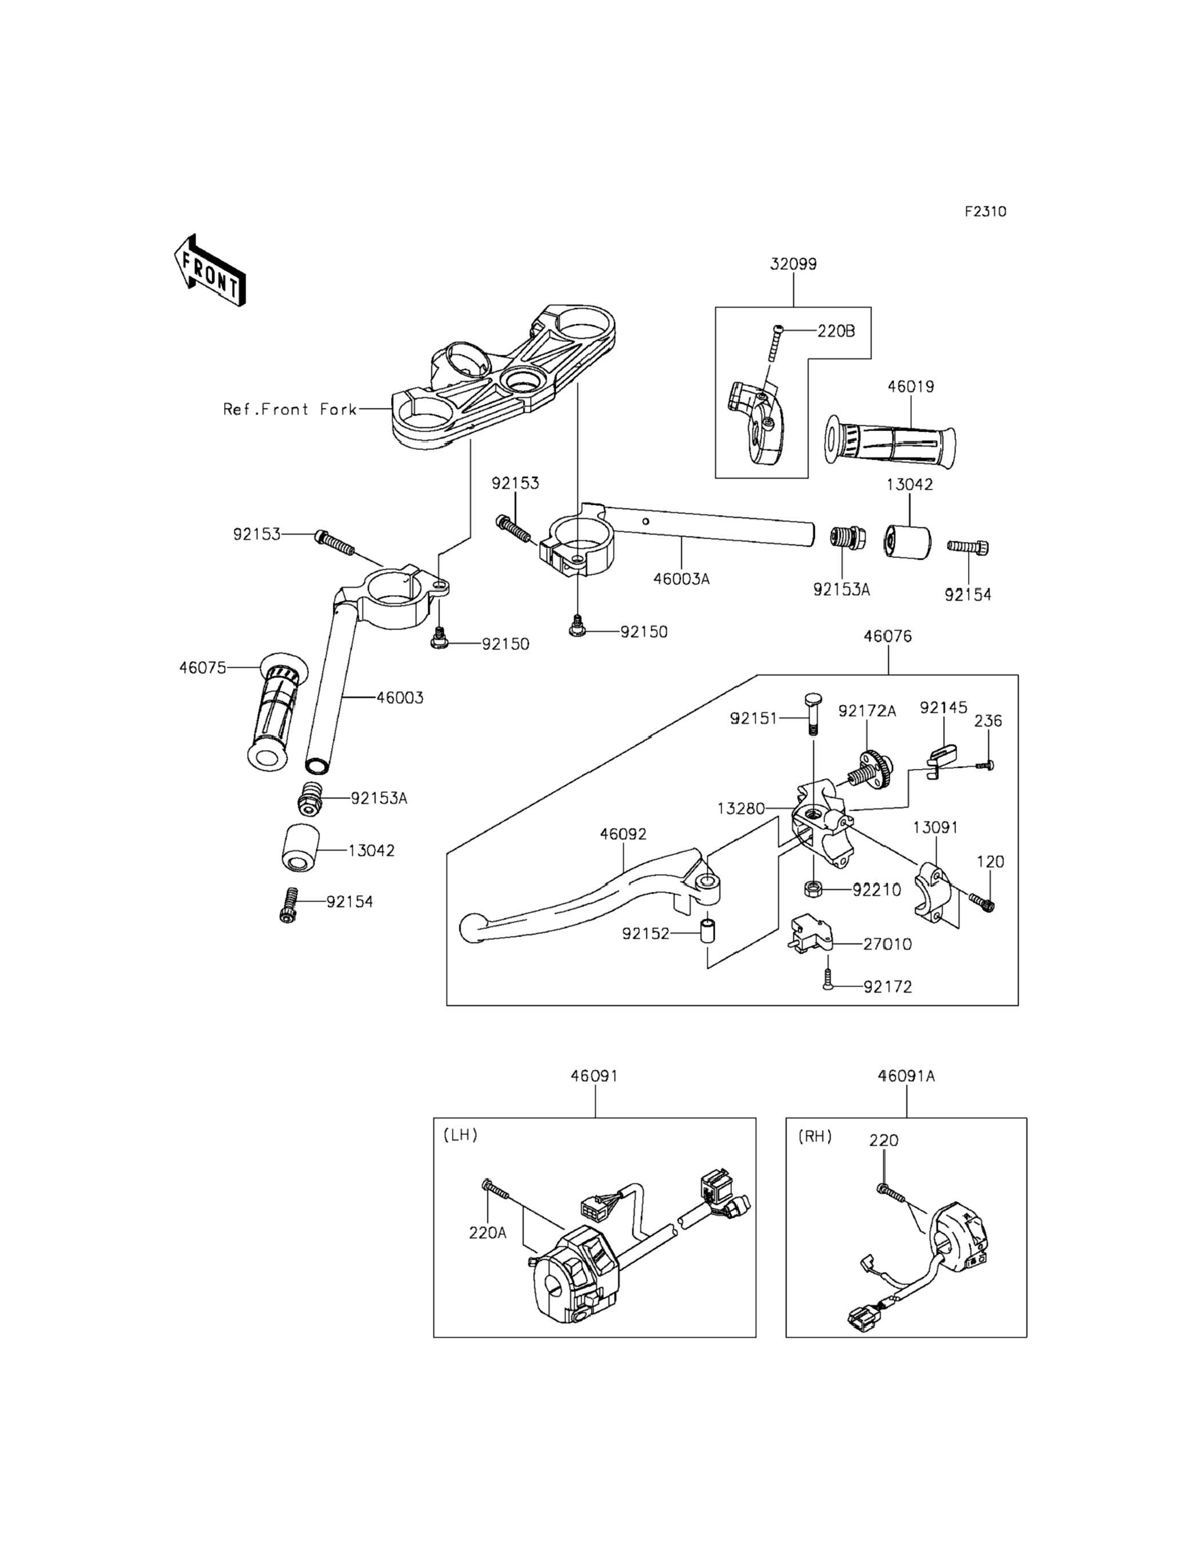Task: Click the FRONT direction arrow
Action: coord(210,271)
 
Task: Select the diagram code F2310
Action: coord(985,211)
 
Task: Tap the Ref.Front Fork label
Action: coord(290,409)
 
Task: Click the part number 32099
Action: coord(793,265)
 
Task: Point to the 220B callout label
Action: coord(836,331)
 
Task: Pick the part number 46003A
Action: coord(682,579)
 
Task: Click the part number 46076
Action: coord(888,636)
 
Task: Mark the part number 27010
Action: coord(887,944)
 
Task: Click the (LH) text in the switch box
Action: coord(460,1135)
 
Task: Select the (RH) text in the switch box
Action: coord(815,1136)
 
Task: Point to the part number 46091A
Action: coord(906,1076)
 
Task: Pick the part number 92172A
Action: coord(867,711)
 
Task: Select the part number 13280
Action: coord(740,808)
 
